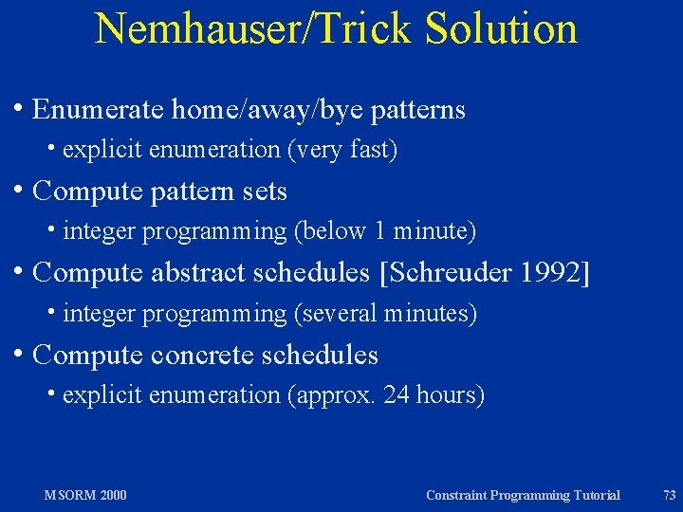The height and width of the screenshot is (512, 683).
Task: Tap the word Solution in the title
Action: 502,28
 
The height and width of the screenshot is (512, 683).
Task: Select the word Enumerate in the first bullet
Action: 98,110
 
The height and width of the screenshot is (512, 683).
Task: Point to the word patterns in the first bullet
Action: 418,110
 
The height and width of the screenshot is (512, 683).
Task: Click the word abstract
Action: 198,273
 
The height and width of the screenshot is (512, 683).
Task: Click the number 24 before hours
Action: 397,395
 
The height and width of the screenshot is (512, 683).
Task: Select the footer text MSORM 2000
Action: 85,495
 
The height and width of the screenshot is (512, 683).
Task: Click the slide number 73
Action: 669,495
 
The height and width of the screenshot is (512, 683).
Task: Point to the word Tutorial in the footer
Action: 591,495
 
